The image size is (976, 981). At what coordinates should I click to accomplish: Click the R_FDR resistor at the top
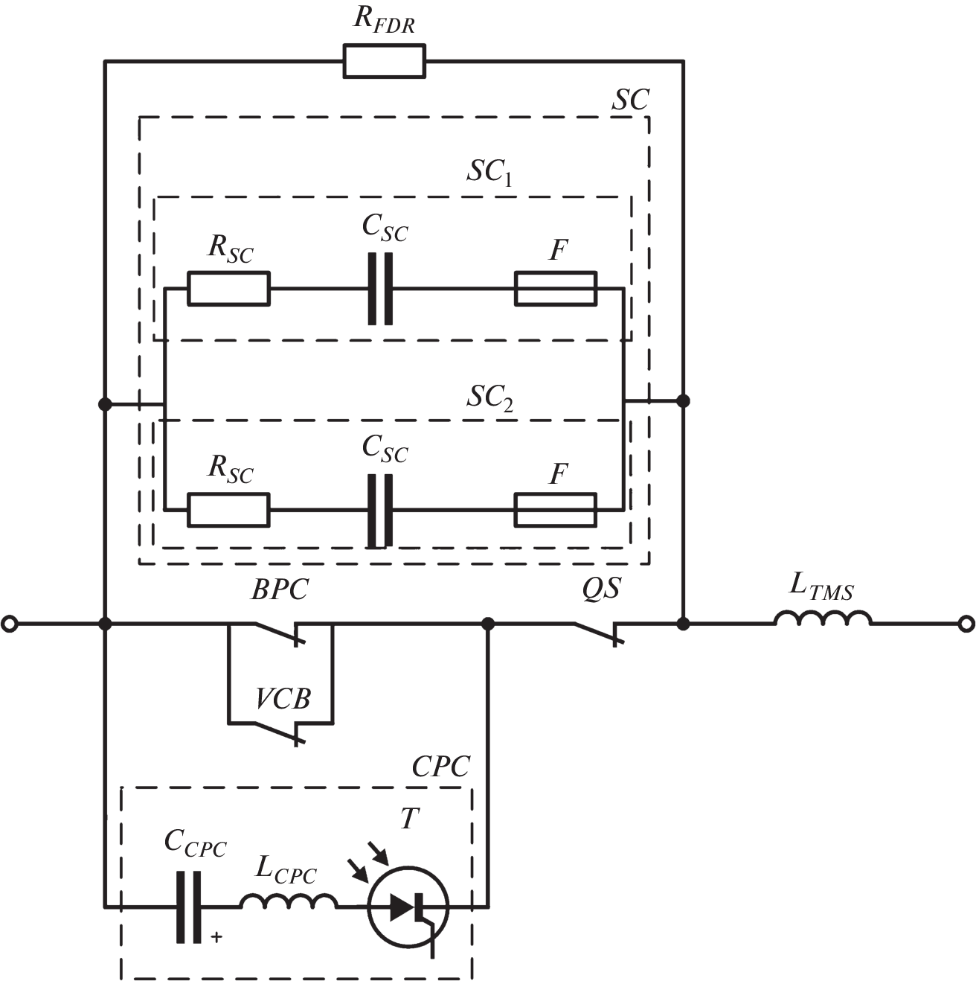tap(384, 61)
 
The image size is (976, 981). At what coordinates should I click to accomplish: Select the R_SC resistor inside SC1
tap(228, 289)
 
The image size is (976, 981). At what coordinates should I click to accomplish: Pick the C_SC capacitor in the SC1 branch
tap(380, 289)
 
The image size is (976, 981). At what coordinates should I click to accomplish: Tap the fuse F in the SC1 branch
tap(555, 289)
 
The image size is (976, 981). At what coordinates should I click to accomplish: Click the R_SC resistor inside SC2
tap(228, 510)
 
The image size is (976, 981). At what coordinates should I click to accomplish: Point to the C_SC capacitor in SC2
tap(380, 510)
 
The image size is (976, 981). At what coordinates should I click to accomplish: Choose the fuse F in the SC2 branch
tap(555, 510)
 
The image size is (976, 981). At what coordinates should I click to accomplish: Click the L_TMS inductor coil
tap(823, 619)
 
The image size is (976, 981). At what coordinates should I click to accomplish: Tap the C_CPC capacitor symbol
tap(189, 907)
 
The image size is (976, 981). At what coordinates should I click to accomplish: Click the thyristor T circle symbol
tap(408, 906)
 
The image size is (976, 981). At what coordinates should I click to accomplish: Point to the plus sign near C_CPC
tap(216, 937)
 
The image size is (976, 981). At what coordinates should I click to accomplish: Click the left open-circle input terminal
tap(10, 624)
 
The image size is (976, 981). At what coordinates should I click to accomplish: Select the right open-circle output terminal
tap(966, 624)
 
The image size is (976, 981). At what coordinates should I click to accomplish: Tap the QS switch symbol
tap(600, 631)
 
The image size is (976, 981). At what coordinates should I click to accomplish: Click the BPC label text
tap(279, 590)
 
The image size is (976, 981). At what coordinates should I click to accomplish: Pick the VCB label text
tap(283, 699)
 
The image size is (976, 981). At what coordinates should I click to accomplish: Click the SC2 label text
tap(489, 398)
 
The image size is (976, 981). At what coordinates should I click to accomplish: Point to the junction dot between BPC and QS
tap(488, 624)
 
